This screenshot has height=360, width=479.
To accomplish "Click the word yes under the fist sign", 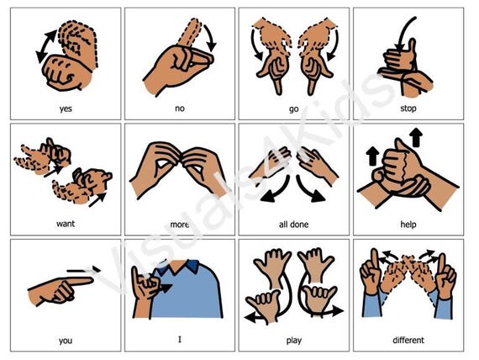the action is [66, 109].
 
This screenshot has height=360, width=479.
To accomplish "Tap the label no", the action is [180, 109].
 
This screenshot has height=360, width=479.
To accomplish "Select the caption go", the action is [293, 109].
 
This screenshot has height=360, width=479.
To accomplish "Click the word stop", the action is [408, 109].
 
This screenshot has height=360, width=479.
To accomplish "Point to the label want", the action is [66, 224].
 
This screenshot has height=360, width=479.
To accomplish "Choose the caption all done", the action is [293, 225].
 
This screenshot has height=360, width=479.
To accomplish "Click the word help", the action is [408, 225].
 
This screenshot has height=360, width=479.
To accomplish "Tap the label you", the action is [66, 341].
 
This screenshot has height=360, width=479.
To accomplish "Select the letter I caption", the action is [180, 339].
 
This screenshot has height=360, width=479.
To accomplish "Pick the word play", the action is [294, 341].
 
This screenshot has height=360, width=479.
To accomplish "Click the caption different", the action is [408, 340].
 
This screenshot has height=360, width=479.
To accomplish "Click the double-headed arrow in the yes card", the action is [46, 46].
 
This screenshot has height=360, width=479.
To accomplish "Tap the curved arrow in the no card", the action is [210, 37].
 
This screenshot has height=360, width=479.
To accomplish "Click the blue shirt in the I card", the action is [187, 290].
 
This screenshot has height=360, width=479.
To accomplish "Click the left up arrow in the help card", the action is [372, 156].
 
